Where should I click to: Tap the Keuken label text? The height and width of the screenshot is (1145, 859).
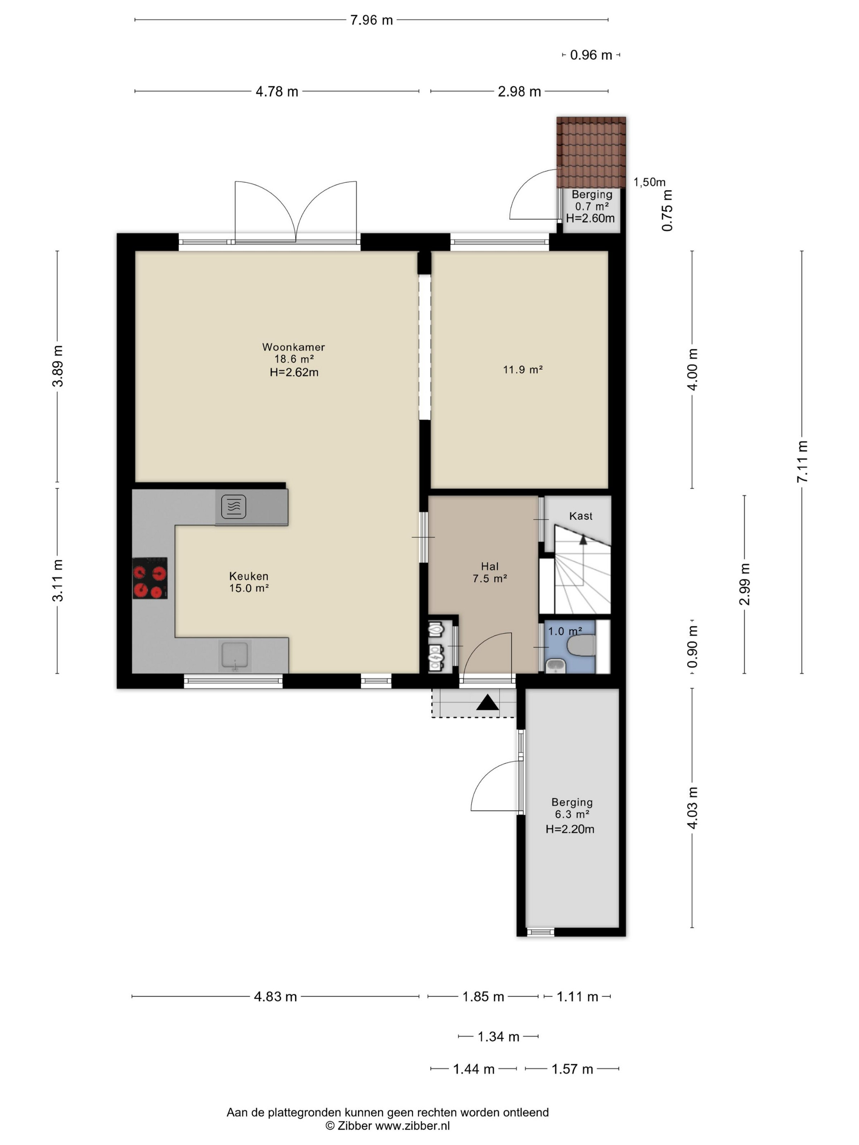[x=249, y=576]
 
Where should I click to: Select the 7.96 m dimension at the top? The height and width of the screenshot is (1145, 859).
[x=371, y=20]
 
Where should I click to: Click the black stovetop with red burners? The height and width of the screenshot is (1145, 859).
[x=150, y=578]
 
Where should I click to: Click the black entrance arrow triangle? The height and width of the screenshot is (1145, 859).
[x=487, y=703]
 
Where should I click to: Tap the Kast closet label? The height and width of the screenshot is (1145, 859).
[x=580, y=516]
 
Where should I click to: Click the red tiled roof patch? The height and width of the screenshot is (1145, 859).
[x=591, y=153]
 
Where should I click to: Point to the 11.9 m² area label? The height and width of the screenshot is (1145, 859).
[x=522, y=370]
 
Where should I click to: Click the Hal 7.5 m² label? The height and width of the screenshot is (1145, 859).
[x=489, y=572]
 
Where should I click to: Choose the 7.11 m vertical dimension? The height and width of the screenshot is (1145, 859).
[x=802, y=462]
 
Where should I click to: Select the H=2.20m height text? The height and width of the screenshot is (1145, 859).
[x=569, y=829]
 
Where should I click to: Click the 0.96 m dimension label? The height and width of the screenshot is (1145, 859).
[x=591, y=55]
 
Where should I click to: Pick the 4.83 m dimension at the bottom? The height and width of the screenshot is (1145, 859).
[x=275, y=997]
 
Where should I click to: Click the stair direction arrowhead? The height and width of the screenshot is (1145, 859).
[x=583, y=539]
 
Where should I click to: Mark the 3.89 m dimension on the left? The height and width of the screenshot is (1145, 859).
[x=58, y=366]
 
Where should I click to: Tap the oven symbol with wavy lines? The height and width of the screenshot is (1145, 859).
[x=234, y=507]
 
